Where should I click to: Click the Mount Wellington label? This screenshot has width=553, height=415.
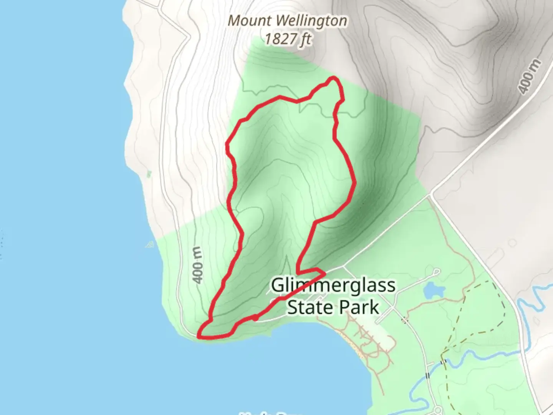(x=287, y=21)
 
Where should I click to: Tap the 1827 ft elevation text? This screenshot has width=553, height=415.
(x=287, y=39)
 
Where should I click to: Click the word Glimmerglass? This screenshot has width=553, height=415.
(x=333, y=286)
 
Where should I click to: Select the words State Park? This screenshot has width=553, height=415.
(x=333, y=307)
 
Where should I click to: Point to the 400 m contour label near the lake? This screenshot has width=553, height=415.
(x=197, y=265)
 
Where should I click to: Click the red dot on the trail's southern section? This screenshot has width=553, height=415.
(x=255, y=318)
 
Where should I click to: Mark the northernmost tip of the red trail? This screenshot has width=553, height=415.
(x=333, y=78)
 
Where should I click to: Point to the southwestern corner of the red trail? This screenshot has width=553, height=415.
(x=199, y=337)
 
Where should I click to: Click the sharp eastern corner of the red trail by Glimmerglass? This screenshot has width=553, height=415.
(x=325, y=273)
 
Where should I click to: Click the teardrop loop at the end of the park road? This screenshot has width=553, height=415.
(x=436, y=272)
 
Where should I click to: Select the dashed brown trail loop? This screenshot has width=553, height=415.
(x=476, y=307)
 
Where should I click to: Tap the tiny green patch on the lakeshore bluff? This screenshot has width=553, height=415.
(x=149, y=174)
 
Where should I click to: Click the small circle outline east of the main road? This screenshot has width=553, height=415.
(x=512, y=243)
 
